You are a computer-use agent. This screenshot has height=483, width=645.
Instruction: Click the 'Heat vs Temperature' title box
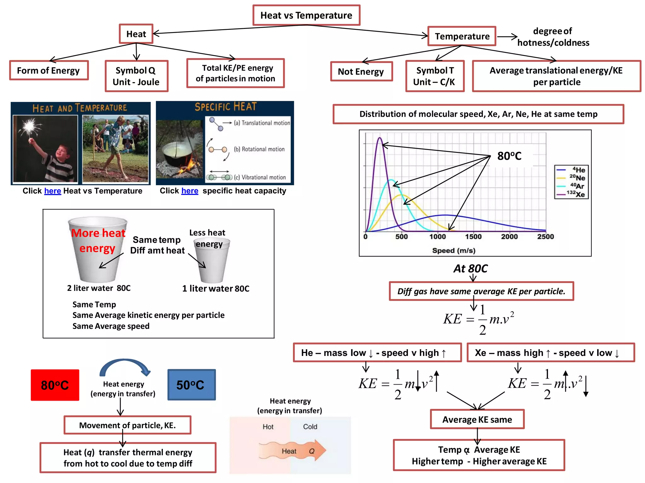coord(306,15)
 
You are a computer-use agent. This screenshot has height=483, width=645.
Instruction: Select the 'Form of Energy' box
coord(49,70)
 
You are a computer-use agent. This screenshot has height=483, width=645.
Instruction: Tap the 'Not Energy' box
coord(361,72)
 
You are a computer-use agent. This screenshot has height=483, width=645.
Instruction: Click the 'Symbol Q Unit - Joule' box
coord(136,76)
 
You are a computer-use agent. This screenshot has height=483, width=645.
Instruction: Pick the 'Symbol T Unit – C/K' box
coord(435,76)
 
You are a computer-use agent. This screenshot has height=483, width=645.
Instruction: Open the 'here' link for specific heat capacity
coord(190,191)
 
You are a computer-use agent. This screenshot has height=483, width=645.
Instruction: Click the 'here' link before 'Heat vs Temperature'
coord(53,191)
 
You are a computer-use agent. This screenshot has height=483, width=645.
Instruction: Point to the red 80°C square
coord(55,385)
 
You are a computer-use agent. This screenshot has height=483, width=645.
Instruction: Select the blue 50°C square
coord(191,385)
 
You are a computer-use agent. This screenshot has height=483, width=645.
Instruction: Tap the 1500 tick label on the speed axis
coord(473,236)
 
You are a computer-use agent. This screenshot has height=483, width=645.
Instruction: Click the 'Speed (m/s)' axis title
coord(454,251)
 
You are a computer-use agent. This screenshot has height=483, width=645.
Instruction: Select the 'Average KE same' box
coord(477,419)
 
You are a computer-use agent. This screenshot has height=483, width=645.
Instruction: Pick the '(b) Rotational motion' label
coord(259,149)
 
